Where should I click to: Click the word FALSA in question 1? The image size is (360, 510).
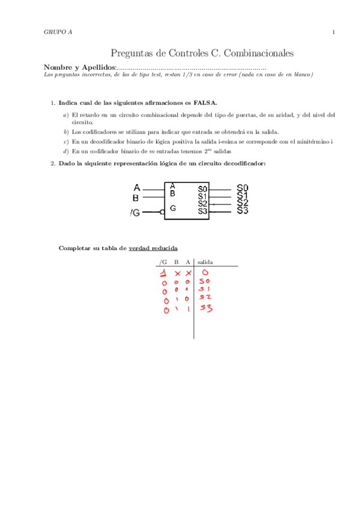205,103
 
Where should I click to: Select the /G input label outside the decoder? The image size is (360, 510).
136,213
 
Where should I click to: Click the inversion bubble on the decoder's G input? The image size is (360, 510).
162,212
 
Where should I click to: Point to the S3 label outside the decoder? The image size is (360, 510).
242,210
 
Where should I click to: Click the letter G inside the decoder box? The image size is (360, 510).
173,208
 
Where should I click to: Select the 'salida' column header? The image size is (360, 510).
205,262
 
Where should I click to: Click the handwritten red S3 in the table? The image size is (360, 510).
206,309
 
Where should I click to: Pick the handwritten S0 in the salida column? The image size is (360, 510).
205,281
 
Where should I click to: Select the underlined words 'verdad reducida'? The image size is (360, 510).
153,248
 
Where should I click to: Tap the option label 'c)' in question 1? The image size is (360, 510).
66,141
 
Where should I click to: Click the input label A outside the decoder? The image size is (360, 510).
136,187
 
